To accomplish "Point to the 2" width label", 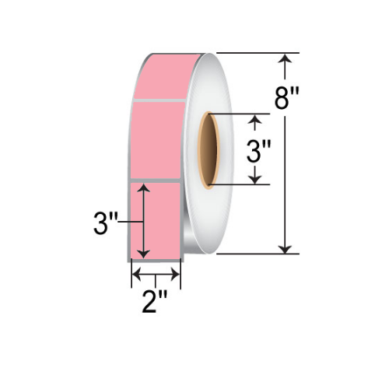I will (156, 300).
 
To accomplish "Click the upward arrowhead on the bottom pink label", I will (144, 189).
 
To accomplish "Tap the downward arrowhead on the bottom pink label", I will (144, 254).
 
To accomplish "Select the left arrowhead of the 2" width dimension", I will (135, 275).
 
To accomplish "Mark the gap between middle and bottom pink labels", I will (156, 182).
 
